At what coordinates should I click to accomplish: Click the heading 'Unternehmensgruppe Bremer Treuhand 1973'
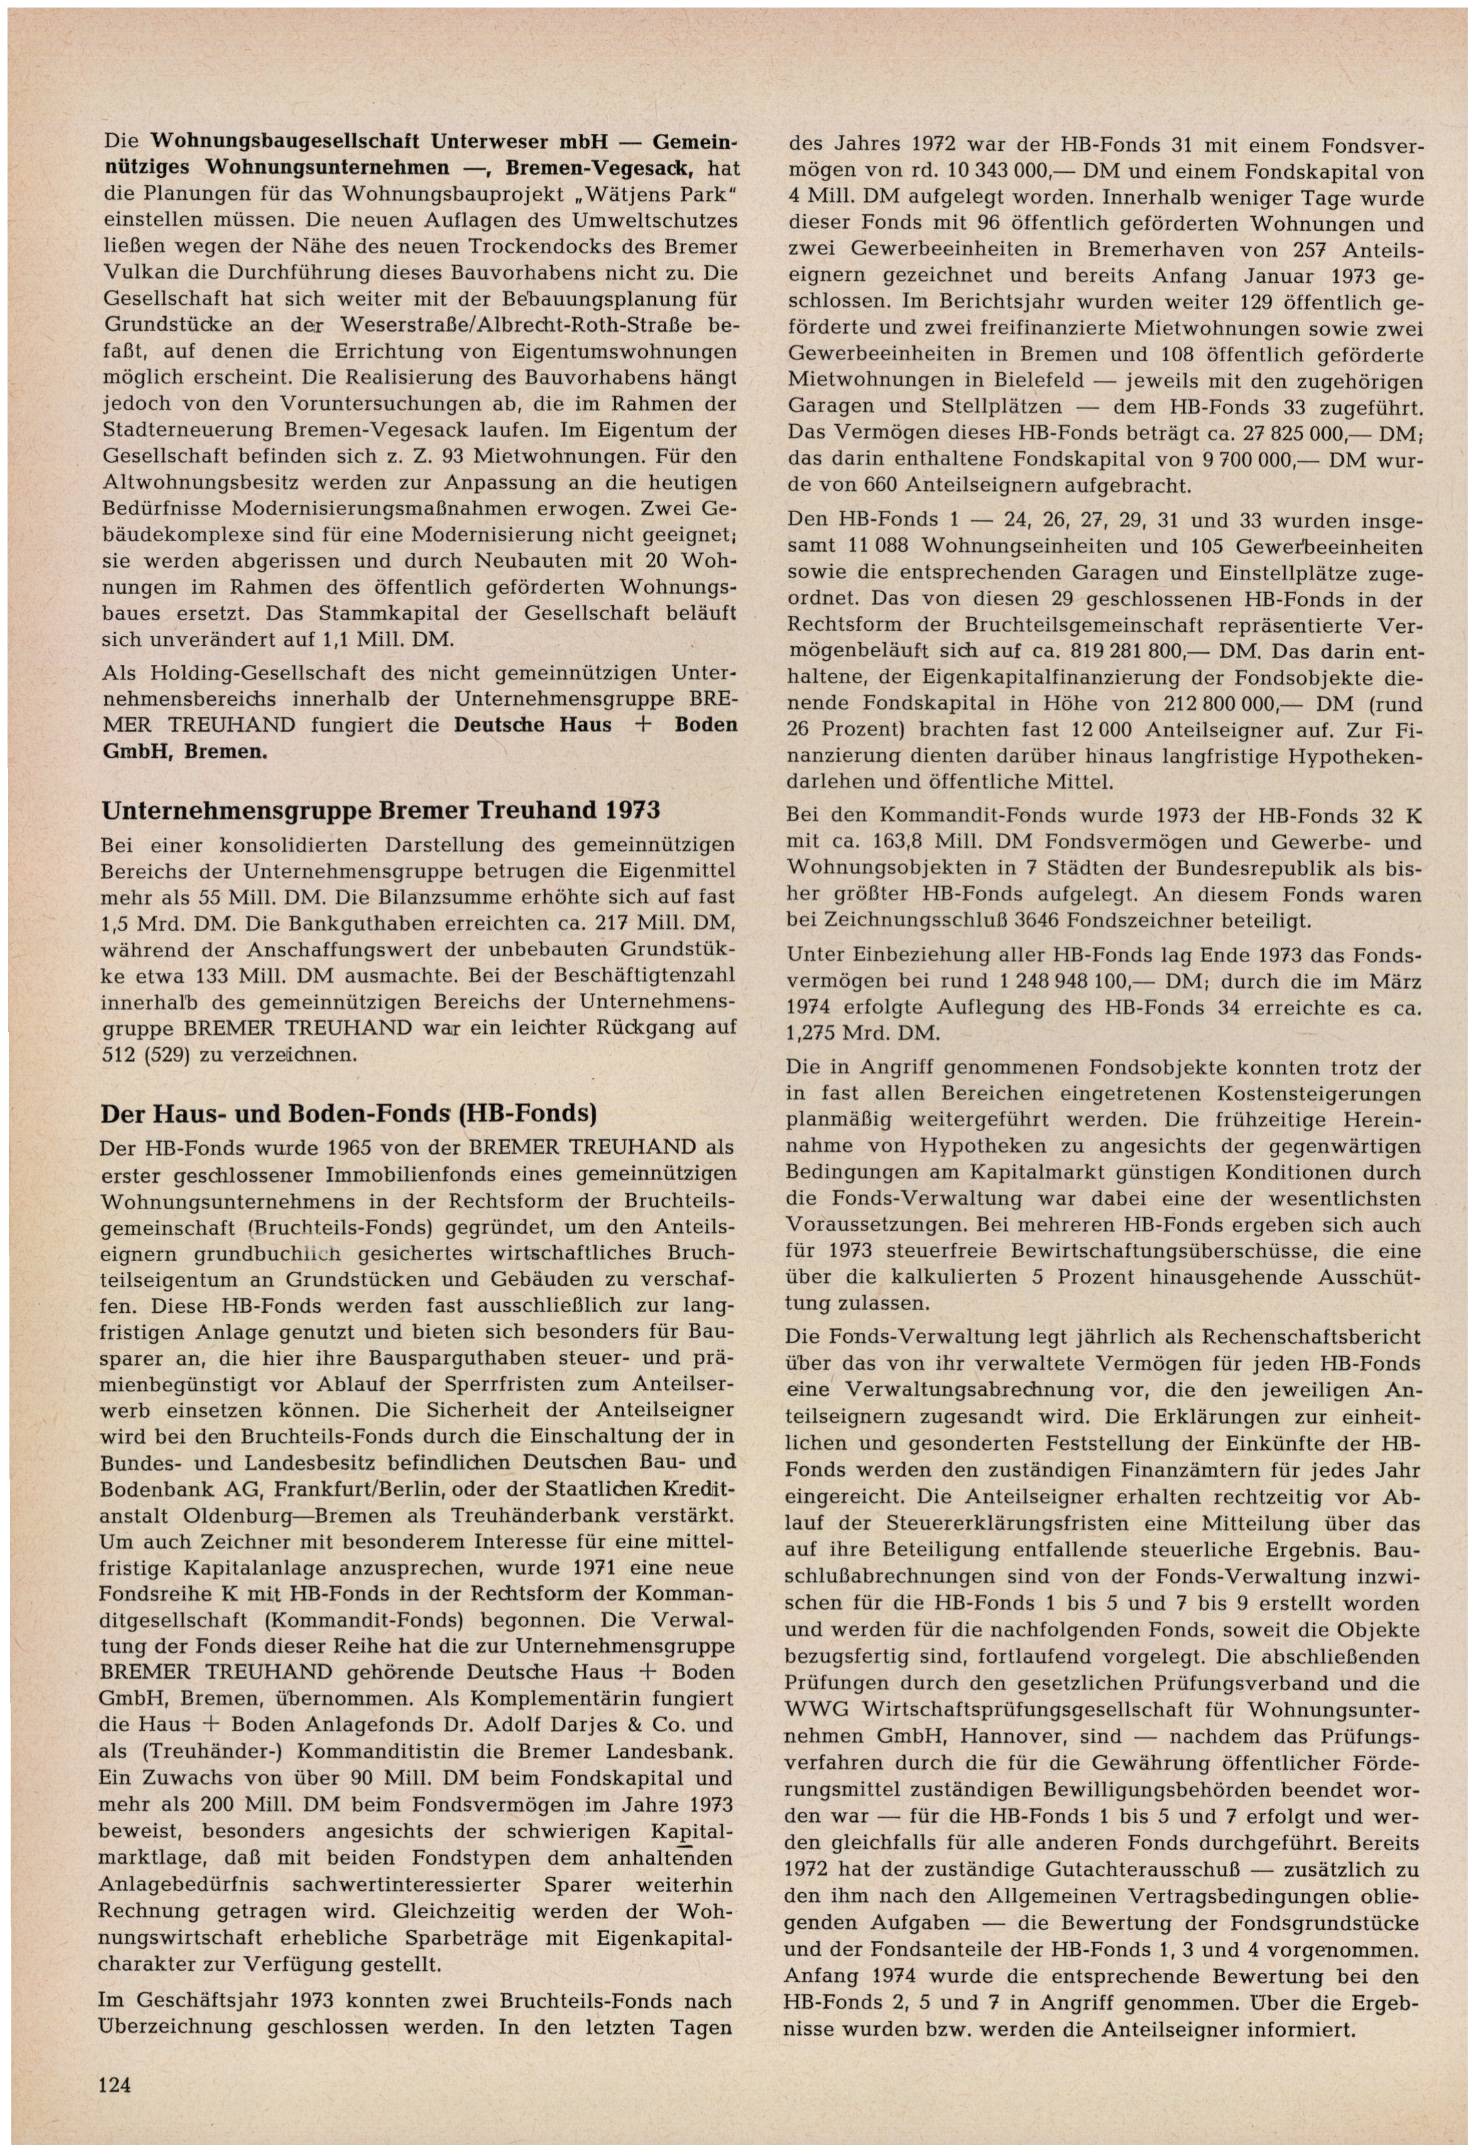click(380, 809)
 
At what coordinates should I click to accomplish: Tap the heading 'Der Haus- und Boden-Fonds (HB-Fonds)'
click(347, 1112)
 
